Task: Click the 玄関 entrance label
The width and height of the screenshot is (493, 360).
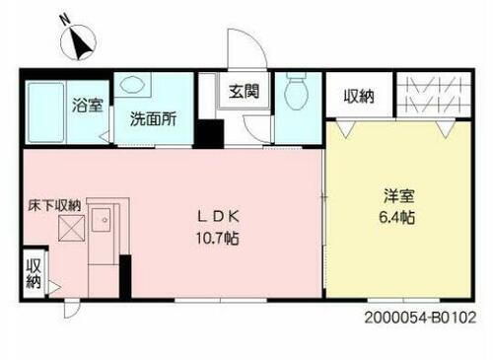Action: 244,93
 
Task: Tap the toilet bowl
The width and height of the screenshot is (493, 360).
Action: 294,94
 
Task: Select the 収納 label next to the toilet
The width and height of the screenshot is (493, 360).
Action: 359,96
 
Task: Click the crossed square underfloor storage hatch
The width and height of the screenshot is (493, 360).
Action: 72,230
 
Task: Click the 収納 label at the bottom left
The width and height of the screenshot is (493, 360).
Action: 34,273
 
